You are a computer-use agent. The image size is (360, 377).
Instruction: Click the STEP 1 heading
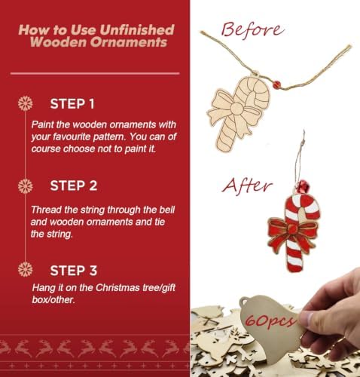72,104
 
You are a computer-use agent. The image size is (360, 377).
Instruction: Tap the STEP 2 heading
74,185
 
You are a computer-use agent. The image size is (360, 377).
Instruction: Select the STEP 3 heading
74,271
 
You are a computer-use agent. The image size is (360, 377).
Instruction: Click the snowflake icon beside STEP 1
26,103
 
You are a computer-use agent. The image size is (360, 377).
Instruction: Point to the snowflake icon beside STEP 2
26,186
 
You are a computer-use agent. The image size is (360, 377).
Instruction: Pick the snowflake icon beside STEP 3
26,269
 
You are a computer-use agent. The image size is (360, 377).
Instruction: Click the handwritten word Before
252,30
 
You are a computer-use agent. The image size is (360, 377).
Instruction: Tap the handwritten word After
248,186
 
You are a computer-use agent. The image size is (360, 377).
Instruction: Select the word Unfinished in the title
137,29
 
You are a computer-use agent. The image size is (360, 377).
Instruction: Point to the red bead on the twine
276,84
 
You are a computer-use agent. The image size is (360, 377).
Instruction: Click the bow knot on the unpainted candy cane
236,109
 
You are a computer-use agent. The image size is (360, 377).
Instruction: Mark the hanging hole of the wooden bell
244,301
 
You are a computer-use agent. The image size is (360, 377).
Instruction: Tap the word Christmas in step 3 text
117,287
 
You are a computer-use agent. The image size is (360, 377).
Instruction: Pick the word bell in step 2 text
167,210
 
